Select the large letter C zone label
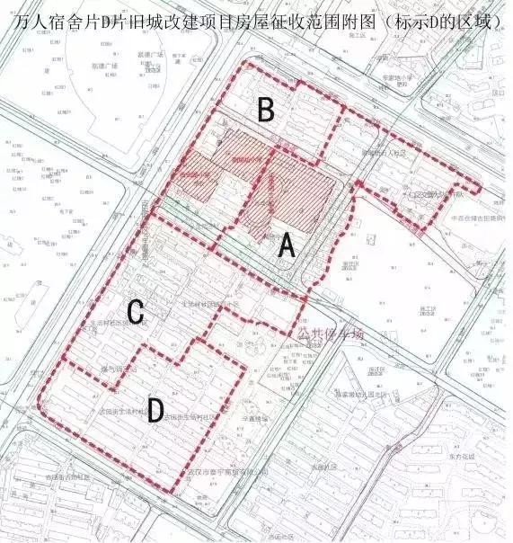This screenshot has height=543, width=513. click(136, 312)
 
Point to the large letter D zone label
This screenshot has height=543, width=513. click(155, 411)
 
